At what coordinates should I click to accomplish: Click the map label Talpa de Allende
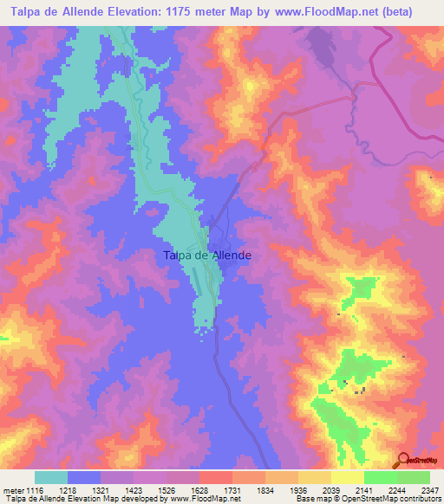207,255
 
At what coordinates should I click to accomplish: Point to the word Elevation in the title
151,12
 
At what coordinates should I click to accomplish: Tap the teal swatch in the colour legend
51,477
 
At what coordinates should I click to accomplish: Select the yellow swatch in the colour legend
347,477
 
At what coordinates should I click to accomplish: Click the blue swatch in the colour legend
84,477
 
